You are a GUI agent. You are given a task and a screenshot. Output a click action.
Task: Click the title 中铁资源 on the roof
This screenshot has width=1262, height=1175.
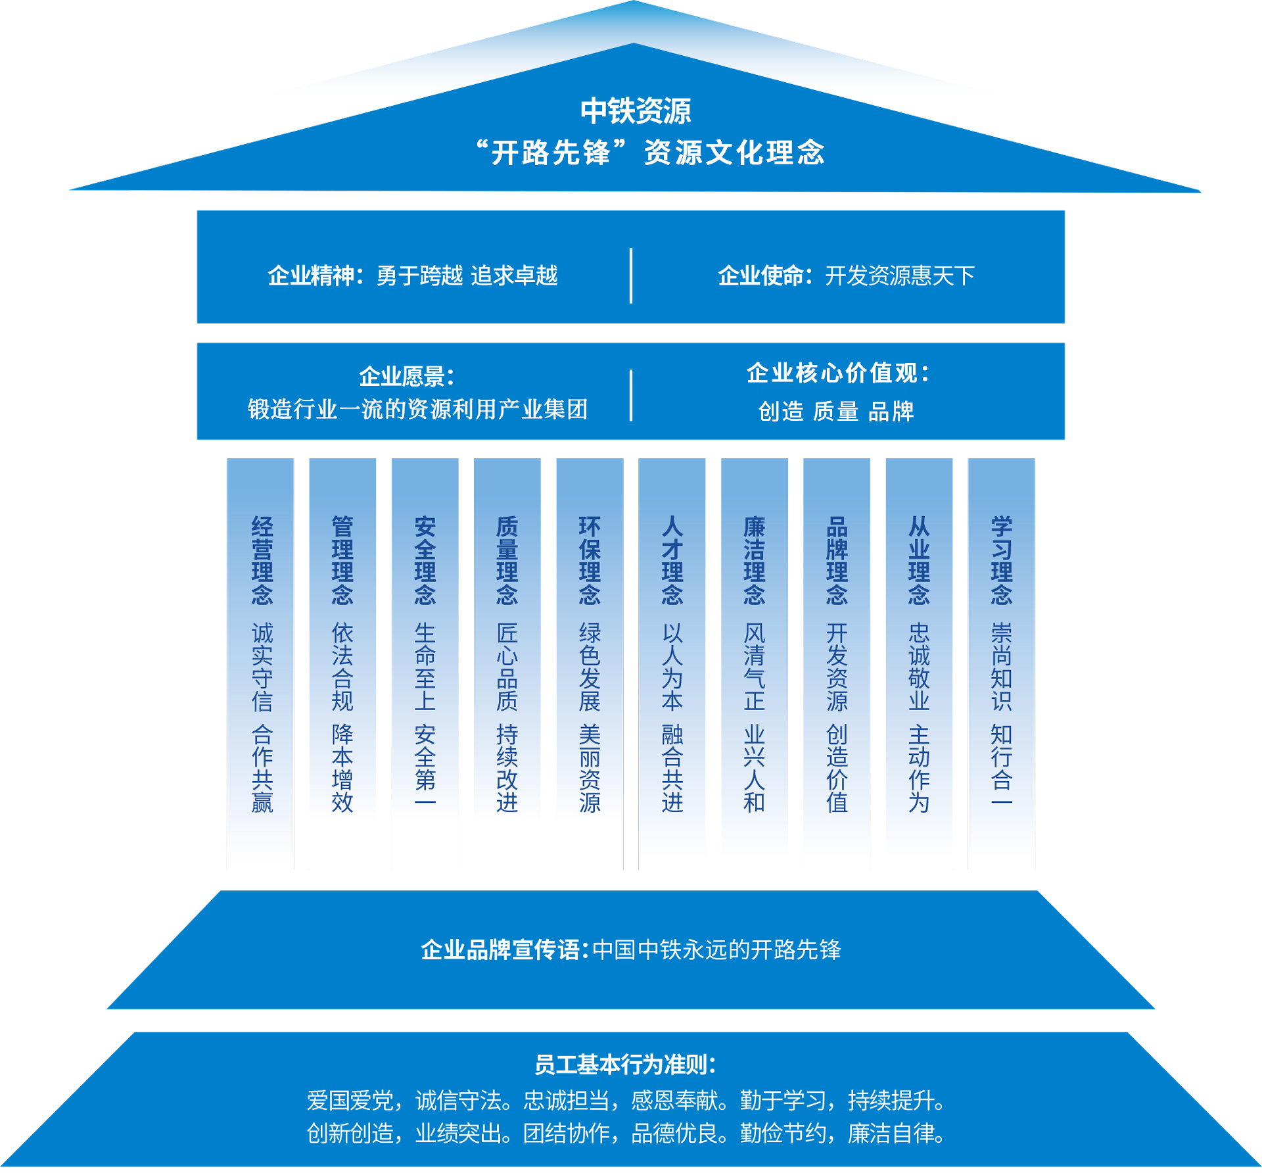pos(635,110)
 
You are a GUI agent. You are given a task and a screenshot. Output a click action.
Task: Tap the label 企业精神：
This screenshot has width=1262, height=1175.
pos(315,276)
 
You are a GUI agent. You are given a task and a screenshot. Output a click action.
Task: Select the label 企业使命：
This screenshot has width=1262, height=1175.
pos(765,276)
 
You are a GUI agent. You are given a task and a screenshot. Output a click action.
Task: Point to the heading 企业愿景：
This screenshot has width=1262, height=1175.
pos(407,377)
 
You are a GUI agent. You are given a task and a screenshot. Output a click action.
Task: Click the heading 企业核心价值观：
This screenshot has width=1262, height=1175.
pos(838,373)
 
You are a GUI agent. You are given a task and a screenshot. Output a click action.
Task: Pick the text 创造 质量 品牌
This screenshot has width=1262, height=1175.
pos(836,412)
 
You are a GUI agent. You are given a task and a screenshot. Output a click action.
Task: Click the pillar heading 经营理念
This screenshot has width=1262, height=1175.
pos(262,560)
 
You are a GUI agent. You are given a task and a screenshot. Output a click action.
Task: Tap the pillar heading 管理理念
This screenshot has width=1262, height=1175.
pos(342,560)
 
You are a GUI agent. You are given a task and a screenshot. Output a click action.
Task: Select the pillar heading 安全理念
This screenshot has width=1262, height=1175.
pos(425,560)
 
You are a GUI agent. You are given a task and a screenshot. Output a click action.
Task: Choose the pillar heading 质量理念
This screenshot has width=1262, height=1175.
pos(507,560)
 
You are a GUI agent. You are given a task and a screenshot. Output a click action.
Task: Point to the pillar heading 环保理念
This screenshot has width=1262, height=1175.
pos(590,560)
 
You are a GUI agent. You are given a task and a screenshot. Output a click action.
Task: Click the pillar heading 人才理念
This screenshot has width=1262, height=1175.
pos(672,560)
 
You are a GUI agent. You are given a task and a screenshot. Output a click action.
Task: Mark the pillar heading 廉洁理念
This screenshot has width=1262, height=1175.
pos(754,560)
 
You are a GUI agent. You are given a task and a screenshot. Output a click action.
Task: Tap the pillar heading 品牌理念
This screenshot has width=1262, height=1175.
pos(837,560)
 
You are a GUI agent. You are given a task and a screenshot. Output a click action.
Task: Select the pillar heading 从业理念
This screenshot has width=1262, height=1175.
pos(919,560)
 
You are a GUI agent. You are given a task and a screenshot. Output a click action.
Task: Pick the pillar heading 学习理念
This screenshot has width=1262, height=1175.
pos(1001,560)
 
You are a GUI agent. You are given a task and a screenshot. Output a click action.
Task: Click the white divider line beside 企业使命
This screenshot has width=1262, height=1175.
pos(631,276)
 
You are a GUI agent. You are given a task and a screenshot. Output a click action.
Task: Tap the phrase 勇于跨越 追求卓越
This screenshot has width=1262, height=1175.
pos(467,276)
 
